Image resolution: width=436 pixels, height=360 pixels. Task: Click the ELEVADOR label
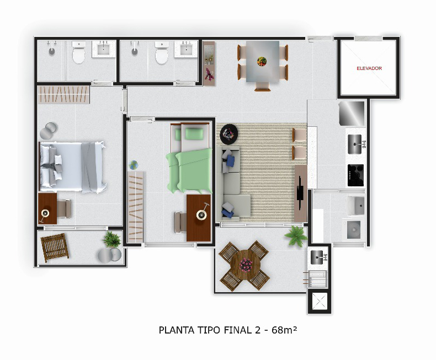369,68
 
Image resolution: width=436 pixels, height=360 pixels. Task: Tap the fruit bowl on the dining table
262,61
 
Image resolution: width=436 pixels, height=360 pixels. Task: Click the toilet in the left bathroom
79,52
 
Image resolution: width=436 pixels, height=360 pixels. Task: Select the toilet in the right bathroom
162,53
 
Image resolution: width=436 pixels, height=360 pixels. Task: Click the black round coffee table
228,134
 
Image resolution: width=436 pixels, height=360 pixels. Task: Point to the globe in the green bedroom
134,165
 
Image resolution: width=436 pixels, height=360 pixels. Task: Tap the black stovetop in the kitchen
355,175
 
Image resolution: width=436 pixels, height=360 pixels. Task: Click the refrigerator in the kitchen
352,114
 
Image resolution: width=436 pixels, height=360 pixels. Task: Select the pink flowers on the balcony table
246,265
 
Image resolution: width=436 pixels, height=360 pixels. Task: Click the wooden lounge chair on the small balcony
55,248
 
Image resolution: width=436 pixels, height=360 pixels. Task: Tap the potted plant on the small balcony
112,239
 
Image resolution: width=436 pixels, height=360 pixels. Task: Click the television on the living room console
300,193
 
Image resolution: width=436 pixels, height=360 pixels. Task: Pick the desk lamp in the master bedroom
45,214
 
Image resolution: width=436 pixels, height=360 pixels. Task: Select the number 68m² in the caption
284,330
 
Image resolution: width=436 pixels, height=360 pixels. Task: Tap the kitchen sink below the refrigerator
355,144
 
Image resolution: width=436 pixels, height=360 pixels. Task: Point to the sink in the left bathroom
103,50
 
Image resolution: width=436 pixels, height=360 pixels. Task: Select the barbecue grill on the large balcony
317,278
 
